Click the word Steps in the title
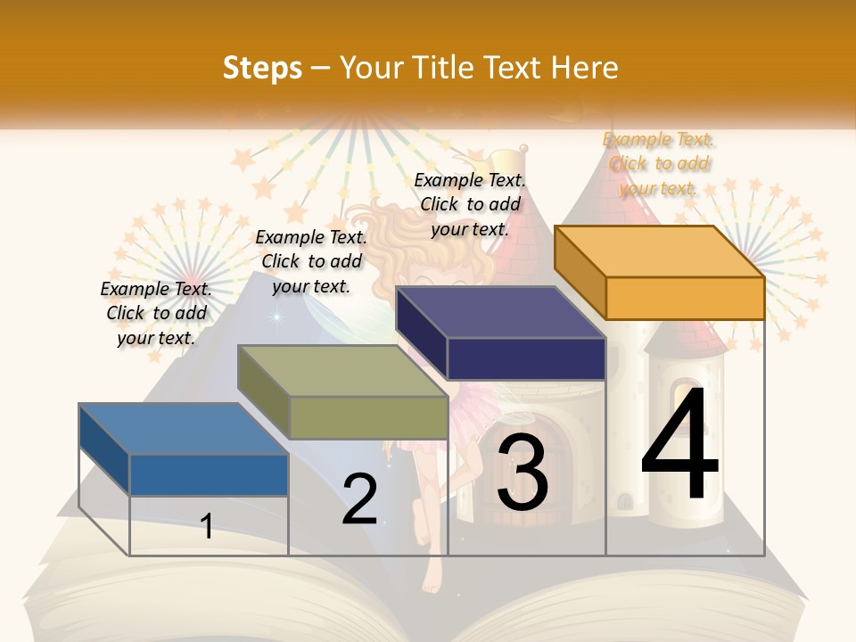[262, 68]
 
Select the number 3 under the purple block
[522, 473]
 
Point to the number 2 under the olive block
[359, 499]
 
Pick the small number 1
[207, 526]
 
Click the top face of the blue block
[183, 428]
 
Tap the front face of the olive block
[368, 417]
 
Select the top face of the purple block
[499, 312]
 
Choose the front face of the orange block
[685, 298]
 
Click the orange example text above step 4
[659, 164]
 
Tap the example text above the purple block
[470, 204]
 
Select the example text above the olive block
[311, 261]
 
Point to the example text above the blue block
[156, 313]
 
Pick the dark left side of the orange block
[580, 272]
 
